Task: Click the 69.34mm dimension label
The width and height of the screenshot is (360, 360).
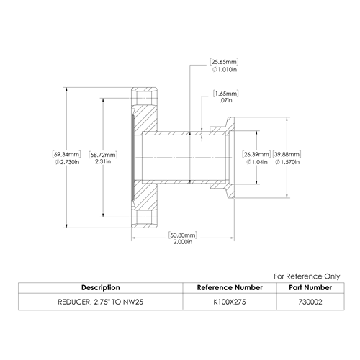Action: pyautogui.click(x=66, y=154)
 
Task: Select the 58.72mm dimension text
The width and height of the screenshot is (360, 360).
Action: pyautogui.click(x=103, y=155)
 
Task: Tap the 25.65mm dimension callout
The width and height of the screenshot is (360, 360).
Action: pyautogui.click(x=224, y=62)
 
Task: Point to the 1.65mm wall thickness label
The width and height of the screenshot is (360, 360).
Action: pyautogui.click(x=226, y=94)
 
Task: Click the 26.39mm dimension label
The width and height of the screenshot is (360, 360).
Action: pyautogui.click(x=256, y=154)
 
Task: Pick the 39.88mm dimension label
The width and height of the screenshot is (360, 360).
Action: pyautogui.click(x=287, y=154)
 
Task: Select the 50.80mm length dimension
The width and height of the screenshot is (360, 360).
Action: pyautogui.click(x=183, y=235)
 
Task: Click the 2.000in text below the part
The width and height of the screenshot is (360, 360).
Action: pyautogui.click(x=183, y=242)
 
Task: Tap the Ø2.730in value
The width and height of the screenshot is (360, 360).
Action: pyautogui.click(x=67, y=162)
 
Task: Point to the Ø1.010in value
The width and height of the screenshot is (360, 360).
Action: pyautogui.click(x=225, y=70)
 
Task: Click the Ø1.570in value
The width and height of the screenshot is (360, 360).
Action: pyautogui.click(x=287, y=162)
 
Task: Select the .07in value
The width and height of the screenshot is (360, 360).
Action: pyautogui.click(x=226, y=100)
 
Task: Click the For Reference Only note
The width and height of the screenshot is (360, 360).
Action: pyautogui.click(x=307, y=276)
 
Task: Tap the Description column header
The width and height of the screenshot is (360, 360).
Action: pyautogui.click(x=101, y=287)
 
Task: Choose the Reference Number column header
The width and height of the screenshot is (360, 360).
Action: pyautogui.click(x=230, y=287)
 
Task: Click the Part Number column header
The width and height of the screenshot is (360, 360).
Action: pyautogui.click(x=310, y=287)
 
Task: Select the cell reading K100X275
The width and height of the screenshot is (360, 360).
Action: pyautogui.click(x=230, y=302)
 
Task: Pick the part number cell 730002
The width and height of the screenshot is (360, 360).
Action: pyautogui.click(x=310, y=302)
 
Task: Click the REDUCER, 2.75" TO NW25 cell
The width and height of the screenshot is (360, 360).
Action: pyautogui.click(x=101, y=302)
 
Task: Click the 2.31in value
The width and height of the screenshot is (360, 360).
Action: pyautogui.click(x=103, y=161)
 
